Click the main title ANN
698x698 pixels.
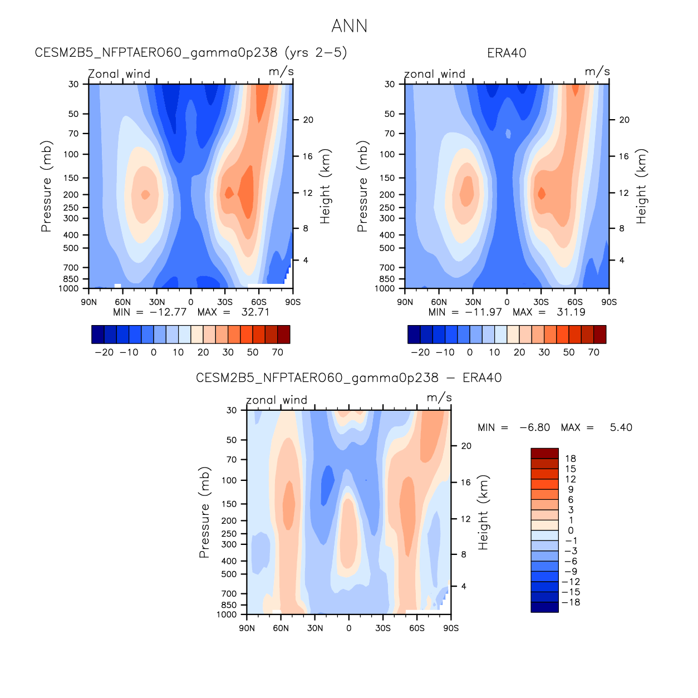(x=349, y=26)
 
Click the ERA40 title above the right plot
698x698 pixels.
(x=507, y=53)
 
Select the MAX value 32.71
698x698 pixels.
(x=255, y=312)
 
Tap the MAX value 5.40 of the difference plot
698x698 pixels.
(x=621, y=427)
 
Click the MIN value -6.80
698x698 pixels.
(x=534, y=427)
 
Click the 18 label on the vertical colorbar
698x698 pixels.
(x=571, y=459)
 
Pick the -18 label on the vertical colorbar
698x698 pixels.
(x=571, y=602)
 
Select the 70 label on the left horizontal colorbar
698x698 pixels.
(x=278, y=352)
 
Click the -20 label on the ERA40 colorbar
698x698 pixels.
(x=420, y=352)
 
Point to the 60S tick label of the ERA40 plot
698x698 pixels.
(x=575, y=302)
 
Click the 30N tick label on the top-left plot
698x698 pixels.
(x=157, y=302)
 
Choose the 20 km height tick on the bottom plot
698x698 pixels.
(x=466, y=446)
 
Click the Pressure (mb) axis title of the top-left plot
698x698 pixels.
(x=46, y=186)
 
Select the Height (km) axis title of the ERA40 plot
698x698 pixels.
(x=642, y=186)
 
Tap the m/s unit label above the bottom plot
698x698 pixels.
(x=439, y=398)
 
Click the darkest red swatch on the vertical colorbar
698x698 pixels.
(x=544, y=453)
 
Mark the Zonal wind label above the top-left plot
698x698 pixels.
(x=119, y=74)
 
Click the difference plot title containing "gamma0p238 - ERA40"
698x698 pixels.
(x=349, y=378)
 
